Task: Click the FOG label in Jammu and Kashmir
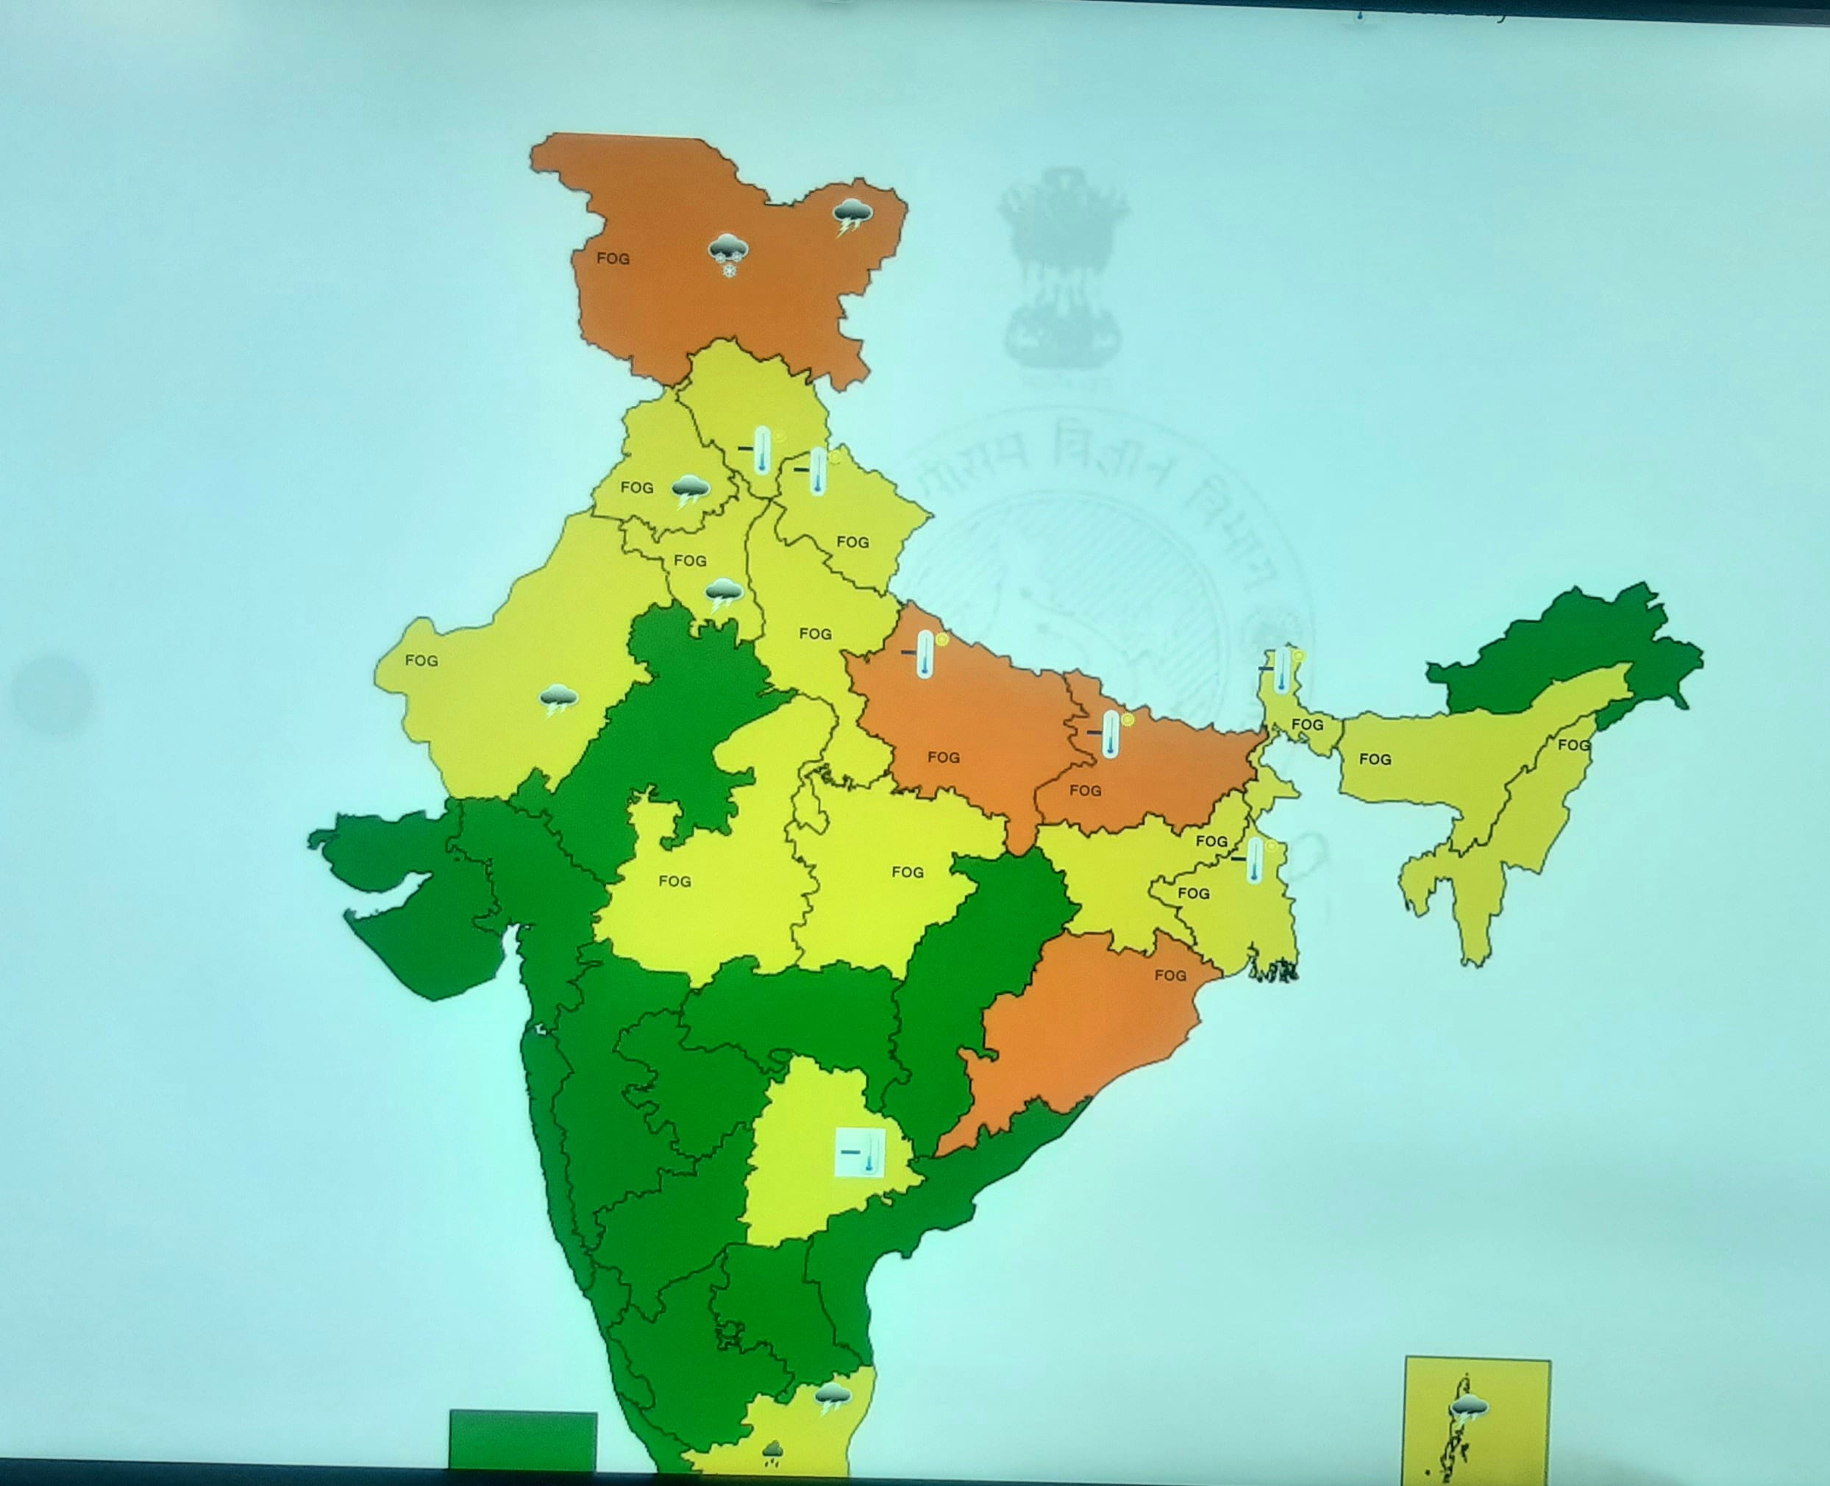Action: [613, 258]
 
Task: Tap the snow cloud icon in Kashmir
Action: [728, 255]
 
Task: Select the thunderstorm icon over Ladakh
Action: [852, 216]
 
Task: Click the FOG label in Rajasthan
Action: [421, 661]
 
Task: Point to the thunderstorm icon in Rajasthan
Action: [558, 700]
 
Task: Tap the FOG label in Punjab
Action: [637, 488]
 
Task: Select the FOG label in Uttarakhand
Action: [852, 543]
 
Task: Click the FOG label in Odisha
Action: [1170, 975]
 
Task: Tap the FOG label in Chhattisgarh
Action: [908, 872]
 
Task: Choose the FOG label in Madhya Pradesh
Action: [675, 881]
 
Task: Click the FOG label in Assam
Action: [1375, 759]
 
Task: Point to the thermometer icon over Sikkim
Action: [1281, 669]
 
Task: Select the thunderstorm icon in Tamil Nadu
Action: [832, 1398]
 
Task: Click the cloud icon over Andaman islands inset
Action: [1469, 1407]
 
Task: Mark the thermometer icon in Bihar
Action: [1110, 733]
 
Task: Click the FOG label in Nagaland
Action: [1573, 745]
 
